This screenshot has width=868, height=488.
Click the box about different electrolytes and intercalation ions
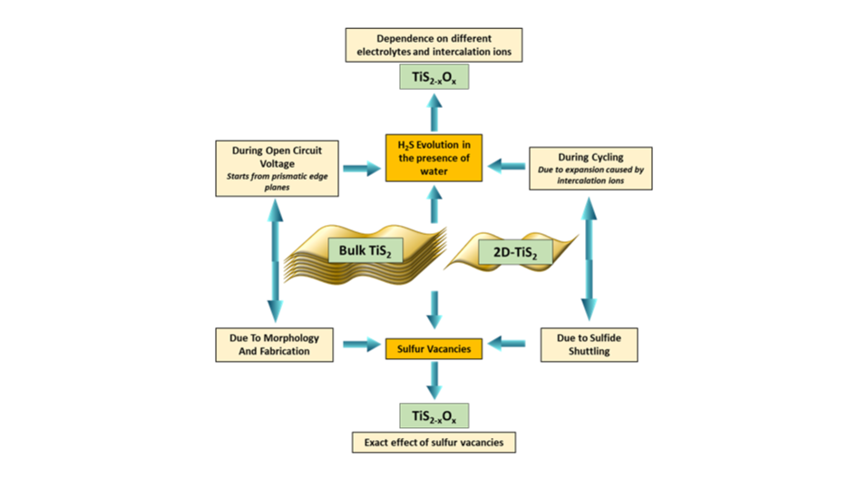(434, 45)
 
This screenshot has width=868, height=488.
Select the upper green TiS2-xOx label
(434, 77)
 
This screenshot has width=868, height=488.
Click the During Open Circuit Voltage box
(278, 168)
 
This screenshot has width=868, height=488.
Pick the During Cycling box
(590, 168)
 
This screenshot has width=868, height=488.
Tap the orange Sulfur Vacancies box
(434, 347)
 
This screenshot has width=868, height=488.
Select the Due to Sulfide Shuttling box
(590, 344)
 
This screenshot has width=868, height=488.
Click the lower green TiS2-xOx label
(434, 416)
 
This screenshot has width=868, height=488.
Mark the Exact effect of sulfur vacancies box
(434, 443)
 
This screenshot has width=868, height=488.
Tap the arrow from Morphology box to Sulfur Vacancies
(360, 344)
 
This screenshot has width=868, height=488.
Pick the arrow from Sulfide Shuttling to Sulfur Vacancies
(508, 343)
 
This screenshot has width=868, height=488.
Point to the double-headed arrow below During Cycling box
(590, 258)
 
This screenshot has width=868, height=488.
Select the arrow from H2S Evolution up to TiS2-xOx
(434, 112)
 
